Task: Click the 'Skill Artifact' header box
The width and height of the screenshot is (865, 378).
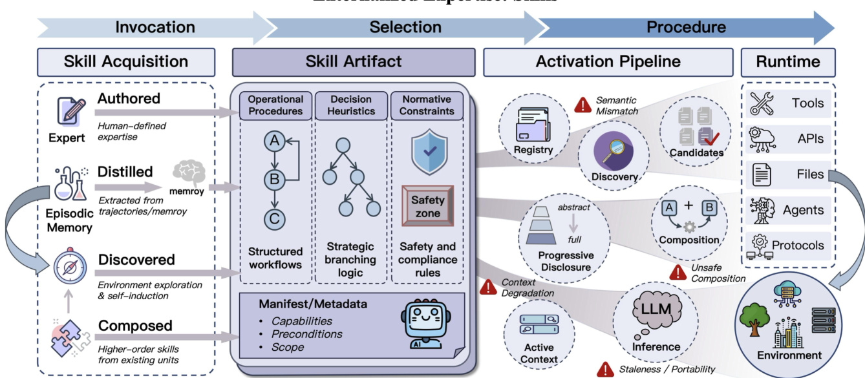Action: tap(354, 62)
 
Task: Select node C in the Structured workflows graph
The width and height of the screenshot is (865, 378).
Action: tap(274, 218)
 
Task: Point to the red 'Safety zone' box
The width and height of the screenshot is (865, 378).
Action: tap(427, 205)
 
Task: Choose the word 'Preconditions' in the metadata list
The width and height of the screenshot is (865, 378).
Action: tap(307, 334)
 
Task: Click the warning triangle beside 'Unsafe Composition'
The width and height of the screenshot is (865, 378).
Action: tap(678, 271)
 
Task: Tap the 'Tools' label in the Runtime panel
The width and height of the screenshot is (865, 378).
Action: tap(807, 103)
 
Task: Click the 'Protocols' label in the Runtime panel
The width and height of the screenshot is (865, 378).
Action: tap(798, 246)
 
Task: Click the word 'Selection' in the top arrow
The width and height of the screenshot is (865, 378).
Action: tap(405, 27)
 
